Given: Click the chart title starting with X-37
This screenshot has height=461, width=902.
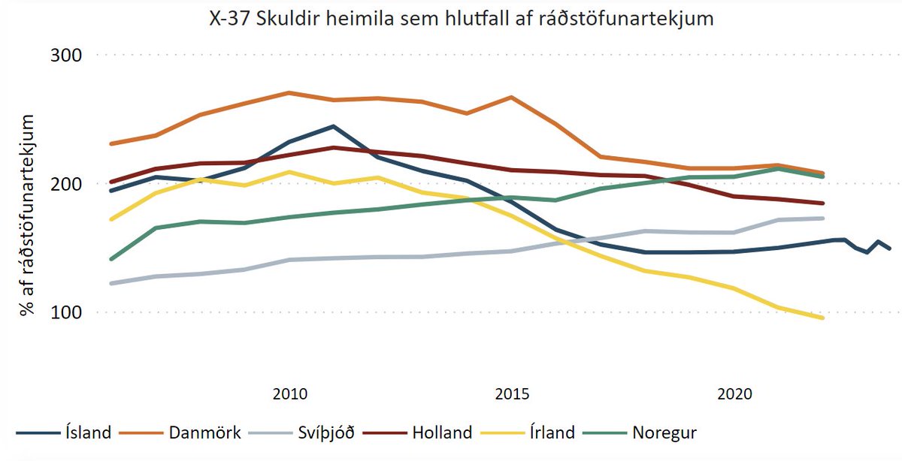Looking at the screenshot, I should pos(461,19).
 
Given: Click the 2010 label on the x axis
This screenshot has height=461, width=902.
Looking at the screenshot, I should pos(289,393).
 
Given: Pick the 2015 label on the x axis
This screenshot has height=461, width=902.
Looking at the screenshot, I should pos(512,393).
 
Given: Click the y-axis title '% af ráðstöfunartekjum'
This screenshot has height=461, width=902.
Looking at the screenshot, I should pos(28,215).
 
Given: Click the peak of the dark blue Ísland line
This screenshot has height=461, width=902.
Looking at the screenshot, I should pos(333,126).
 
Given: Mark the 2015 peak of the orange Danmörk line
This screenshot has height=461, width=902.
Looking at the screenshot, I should pos(511,97).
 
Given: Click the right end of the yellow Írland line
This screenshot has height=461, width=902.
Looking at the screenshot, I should pos(823,318).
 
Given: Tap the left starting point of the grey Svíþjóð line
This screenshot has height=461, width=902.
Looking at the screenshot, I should pos(111,284).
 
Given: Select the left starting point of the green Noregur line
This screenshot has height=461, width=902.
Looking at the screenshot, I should pos(111,259).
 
